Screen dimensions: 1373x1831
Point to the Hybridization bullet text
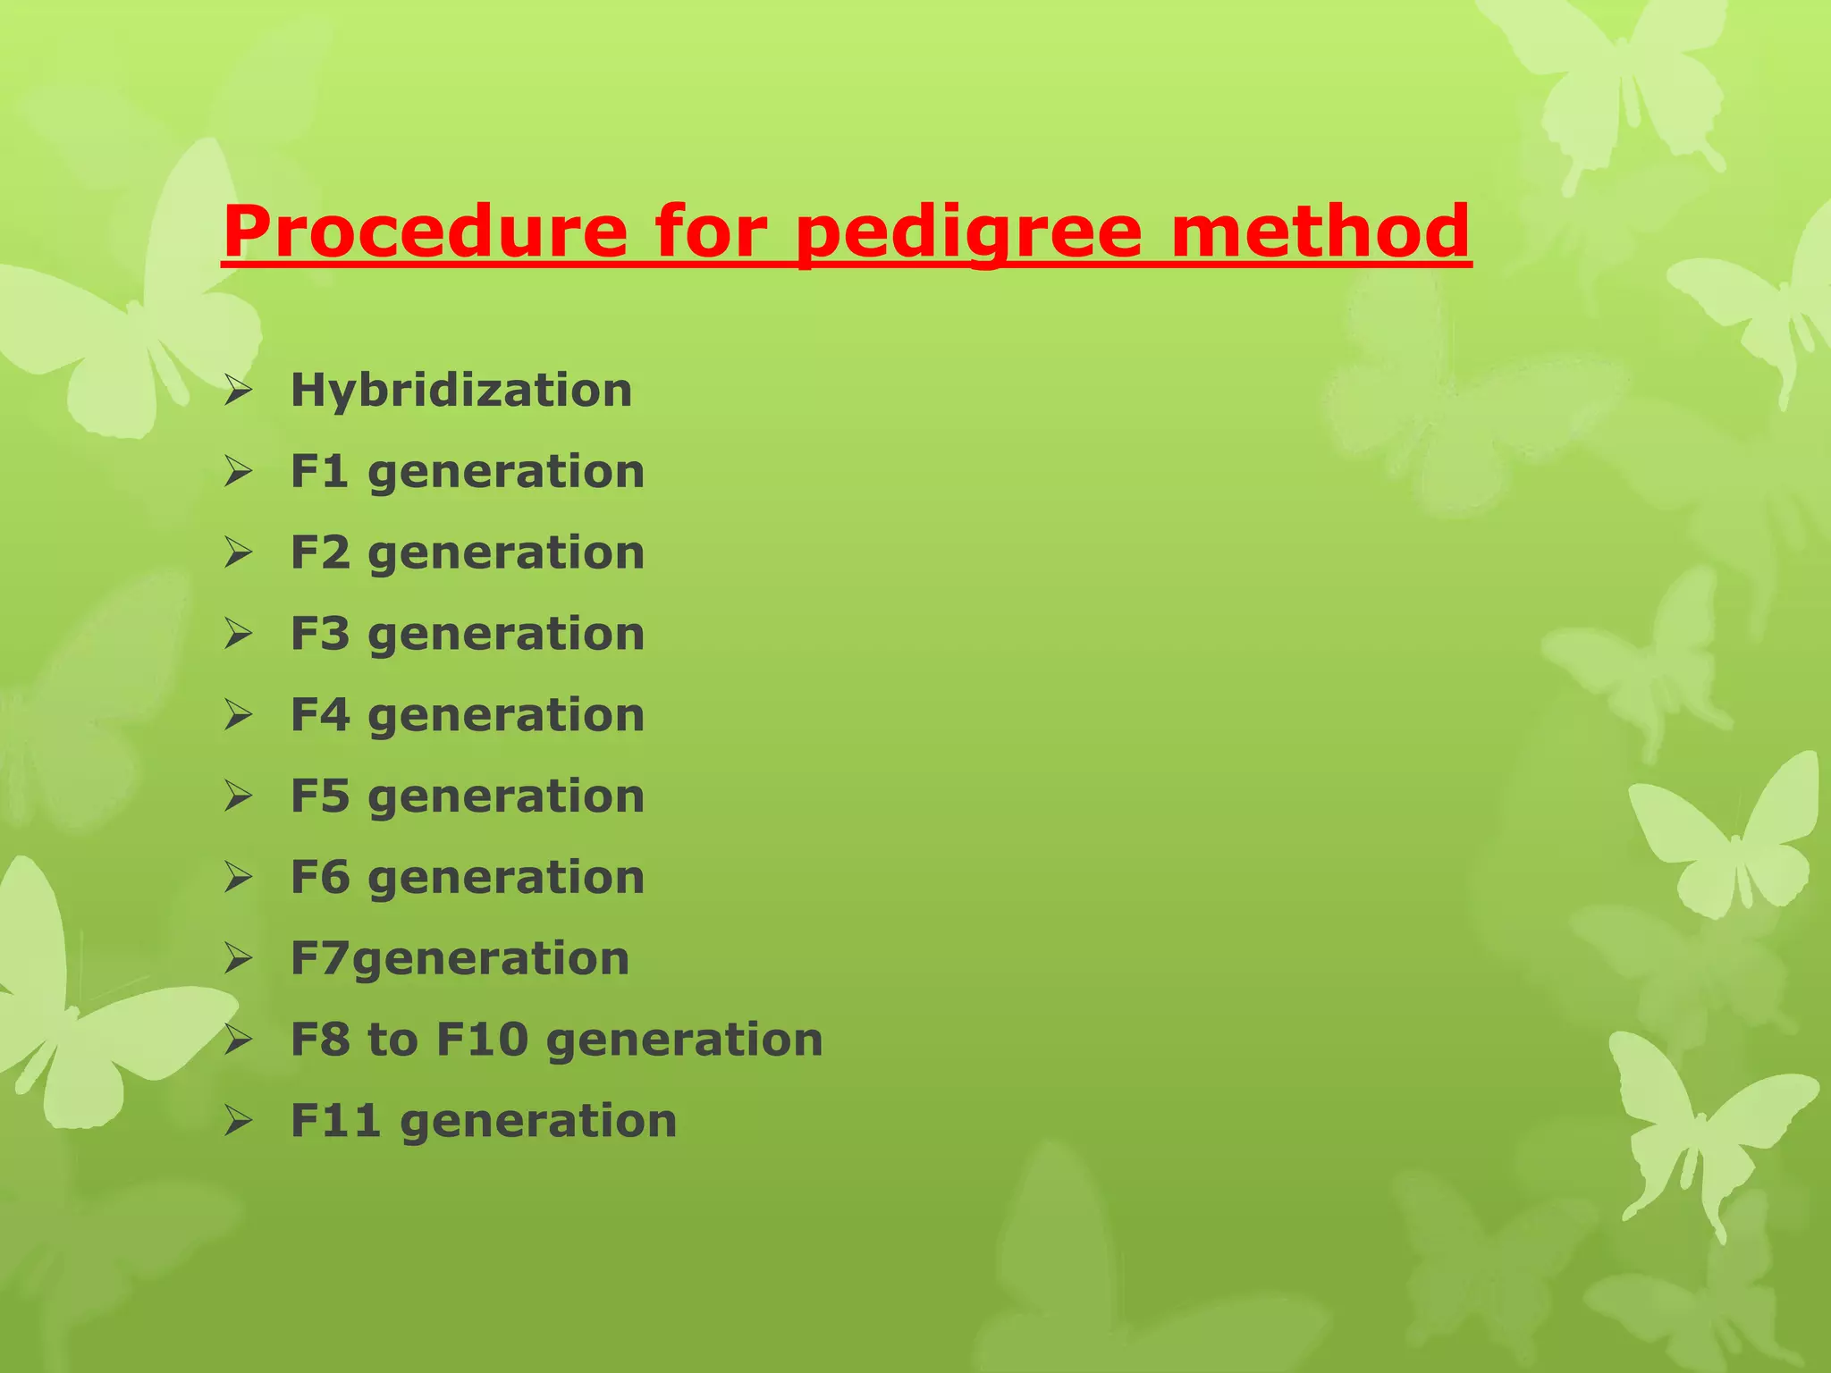pyautogui.click(x=461, y=391)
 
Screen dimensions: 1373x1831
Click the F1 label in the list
pyautogui.click(x=318, y=471)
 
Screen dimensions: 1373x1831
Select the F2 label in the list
pyautogui.click(x=319, y=552)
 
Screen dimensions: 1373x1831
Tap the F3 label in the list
pyautogui.click(x=319, y=634)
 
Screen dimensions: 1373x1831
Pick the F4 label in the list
pyautogui.click(x=319, y=715)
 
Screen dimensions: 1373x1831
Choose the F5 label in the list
pyautogui.click(x=319, y=796)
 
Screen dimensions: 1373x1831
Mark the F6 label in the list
pyautogui.click(x=319, y=877)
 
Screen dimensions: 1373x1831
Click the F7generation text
pyautogui.click(x=460, y=958)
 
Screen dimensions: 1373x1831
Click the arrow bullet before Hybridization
pyautogui.click(x=239, y=391)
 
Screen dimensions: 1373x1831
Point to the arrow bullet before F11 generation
pyautogui.click(x=239, y=1121)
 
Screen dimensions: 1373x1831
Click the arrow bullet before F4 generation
pyautogui.click(x=239, y=715)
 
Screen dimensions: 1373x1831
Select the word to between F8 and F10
pyautogui.click(x=392, y=1040)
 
